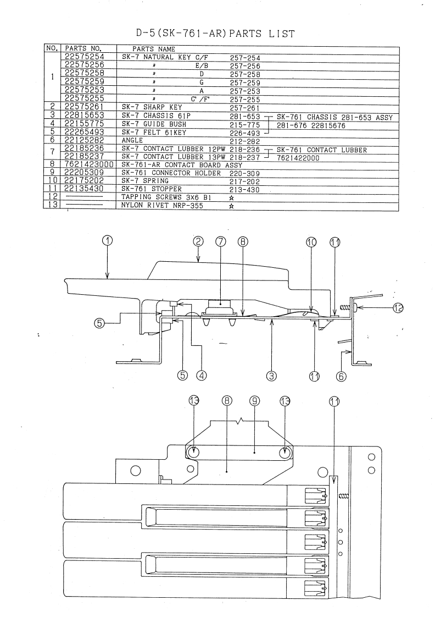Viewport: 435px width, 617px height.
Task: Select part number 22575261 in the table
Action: (x=85, y=107)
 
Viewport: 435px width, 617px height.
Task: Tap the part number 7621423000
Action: (x=88, y=165)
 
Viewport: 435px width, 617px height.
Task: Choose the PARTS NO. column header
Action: (x=81, y=49)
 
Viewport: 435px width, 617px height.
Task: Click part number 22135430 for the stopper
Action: (x=85, y=190)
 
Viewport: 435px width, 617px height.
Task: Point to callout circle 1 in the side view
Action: (x=108, y=240)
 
